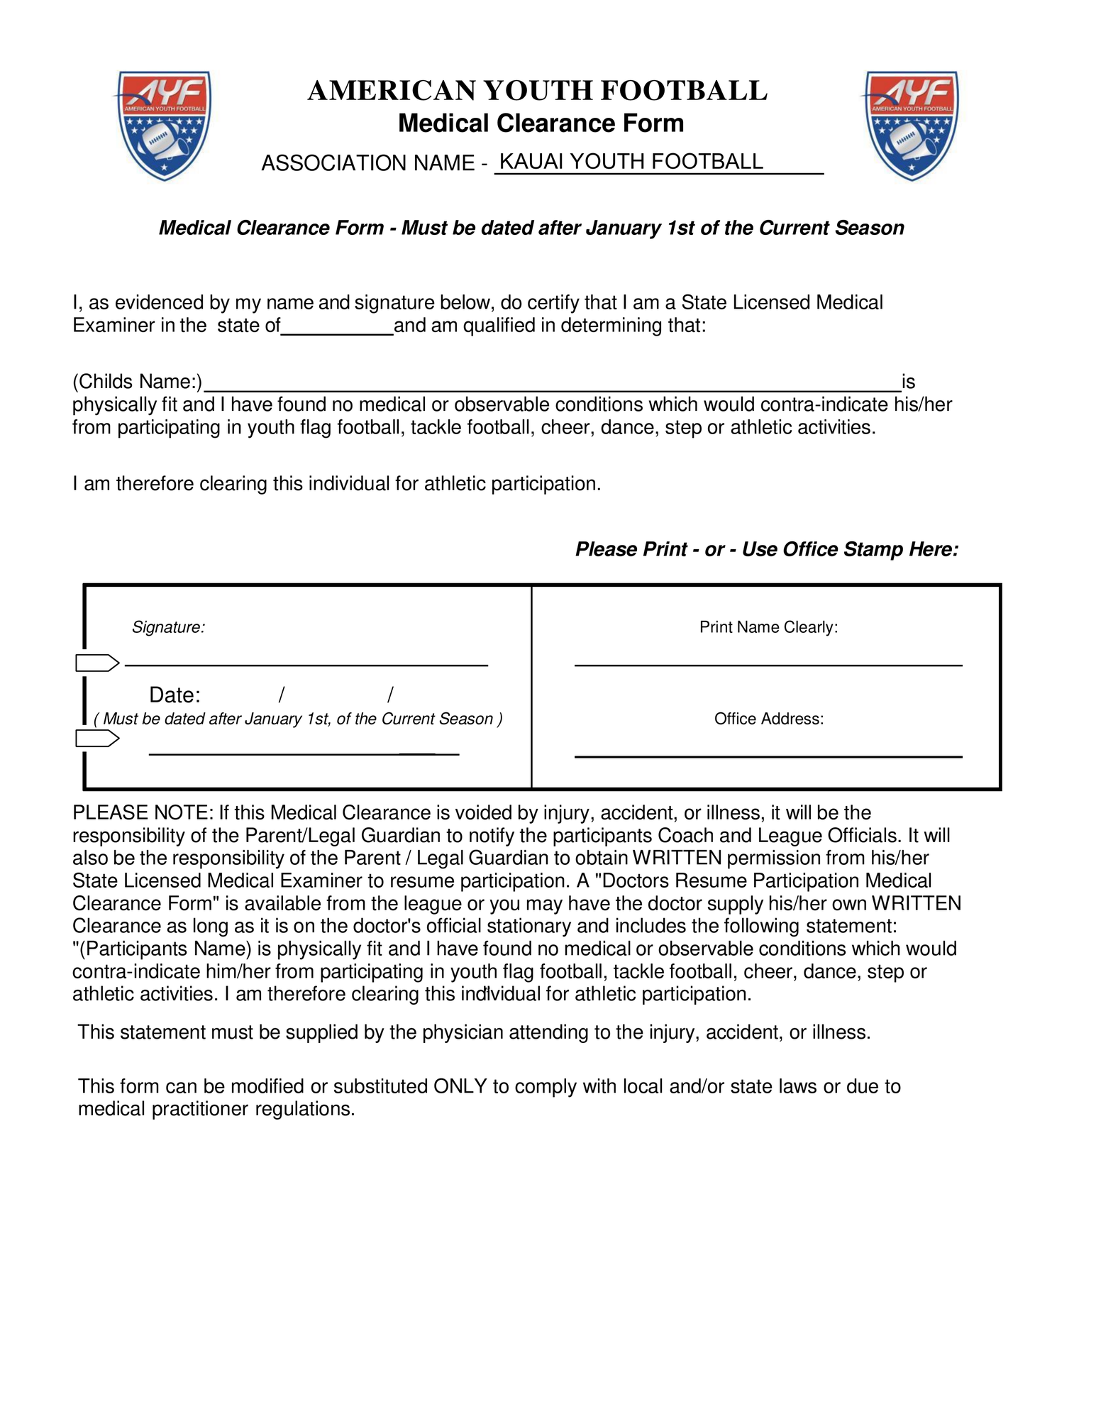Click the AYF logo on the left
pos(164,125)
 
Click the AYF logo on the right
pos(912,125)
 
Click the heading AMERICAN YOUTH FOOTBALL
pos(537,91)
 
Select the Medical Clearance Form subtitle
pos(541,123)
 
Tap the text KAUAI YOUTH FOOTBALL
pos(631,162)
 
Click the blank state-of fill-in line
pos(337,331)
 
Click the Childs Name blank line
pos(552,387)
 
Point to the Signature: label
pos(168,627)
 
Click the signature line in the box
pos(306,663)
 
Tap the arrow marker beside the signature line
pos(97,663)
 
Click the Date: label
pos(175,695)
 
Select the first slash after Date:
pos(282,695)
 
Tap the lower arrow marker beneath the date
pos(97,739)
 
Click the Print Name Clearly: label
pos(768,627)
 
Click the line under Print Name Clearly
pos(768,664)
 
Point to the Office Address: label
pos(768,719)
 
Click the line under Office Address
pos(768,756)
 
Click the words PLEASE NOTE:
pos(143,813)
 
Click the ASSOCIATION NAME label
pos(367,163)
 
